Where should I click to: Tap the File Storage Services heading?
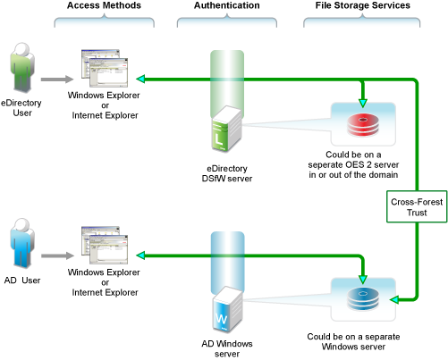coord(363,5)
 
